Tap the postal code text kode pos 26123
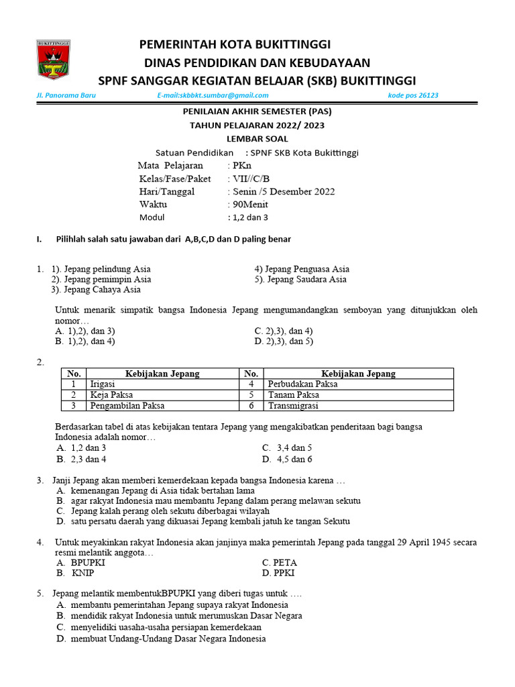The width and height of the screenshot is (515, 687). click(413, 95)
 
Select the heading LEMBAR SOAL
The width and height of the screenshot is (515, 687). click(257, 139)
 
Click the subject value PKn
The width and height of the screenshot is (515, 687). click(239, 165)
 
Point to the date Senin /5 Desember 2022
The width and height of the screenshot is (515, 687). click(281, 191)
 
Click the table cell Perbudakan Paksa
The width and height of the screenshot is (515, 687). click(302, 384)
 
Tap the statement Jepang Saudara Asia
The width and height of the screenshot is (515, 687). click(306, 279)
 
